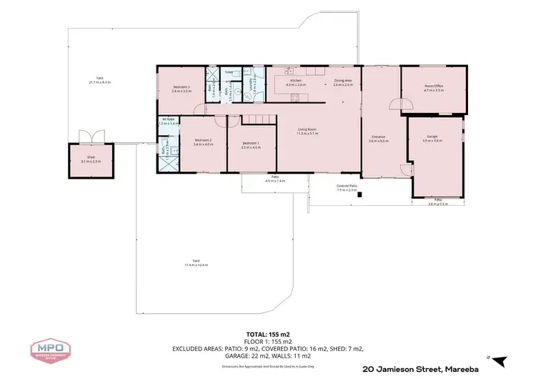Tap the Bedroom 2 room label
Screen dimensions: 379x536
coord(204,142)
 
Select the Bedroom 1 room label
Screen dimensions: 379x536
coord(251,145)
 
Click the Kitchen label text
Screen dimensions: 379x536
coord(296,82)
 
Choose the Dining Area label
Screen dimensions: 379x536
coord(343,82)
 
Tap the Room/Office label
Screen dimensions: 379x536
coord(434,89)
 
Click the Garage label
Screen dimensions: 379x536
coord(432,138)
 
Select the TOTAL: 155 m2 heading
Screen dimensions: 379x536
coord(267,335)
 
